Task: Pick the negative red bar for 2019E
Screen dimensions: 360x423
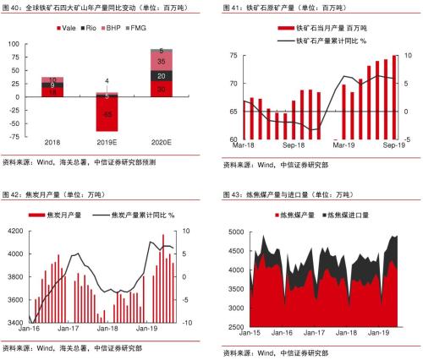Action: coord(107,113)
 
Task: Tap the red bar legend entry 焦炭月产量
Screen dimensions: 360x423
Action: coord(69,216)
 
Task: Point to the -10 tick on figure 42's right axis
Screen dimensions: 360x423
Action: coord(192,323)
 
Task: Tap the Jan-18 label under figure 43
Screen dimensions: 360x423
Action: coord(339,333)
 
